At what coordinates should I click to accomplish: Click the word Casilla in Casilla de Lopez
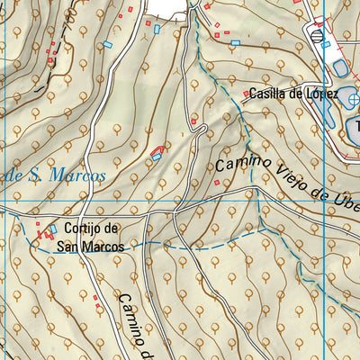coord(269,94)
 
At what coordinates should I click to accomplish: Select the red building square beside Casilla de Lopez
coord(247,94)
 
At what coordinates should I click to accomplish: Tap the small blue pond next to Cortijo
coord(53,229)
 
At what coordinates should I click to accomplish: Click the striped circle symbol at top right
coord(318,34)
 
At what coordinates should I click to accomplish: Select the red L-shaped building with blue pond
coord(158,153)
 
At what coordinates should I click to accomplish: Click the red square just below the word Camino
coord(216,183)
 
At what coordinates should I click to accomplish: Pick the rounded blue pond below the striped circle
coord(341,67)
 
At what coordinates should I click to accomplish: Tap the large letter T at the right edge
coord(355,127)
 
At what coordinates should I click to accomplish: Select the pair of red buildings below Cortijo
coord(42,236)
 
